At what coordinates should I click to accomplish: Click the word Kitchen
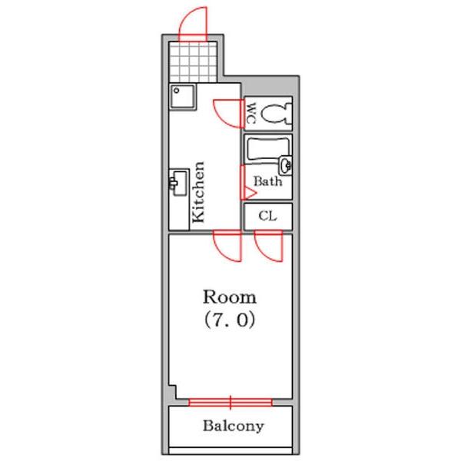198,192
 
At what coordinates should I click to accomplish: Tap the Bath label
268,181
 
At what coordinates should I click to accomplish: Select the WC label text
250,113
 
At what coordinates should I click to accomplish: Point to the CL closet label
267,216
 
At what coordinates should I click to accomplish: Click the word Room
230,297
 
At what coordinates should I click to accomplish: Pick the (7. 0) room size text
230,320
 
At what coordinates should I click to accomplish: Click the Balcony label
233,426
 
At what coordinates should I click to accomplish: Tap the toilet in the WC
276,114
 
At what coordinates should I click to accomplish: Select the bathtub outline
268,151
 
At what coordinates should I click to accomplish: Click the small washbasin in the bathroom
286,165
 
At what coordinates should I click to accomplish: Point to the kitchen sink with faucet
179,183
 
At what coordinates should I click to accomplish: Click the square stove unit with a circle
182,97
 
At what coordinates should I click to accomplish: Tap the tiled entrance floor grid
193,62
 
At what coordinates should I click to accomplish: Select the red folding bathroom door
247,183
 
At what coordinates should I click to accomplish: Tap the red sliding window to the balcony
230,402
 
